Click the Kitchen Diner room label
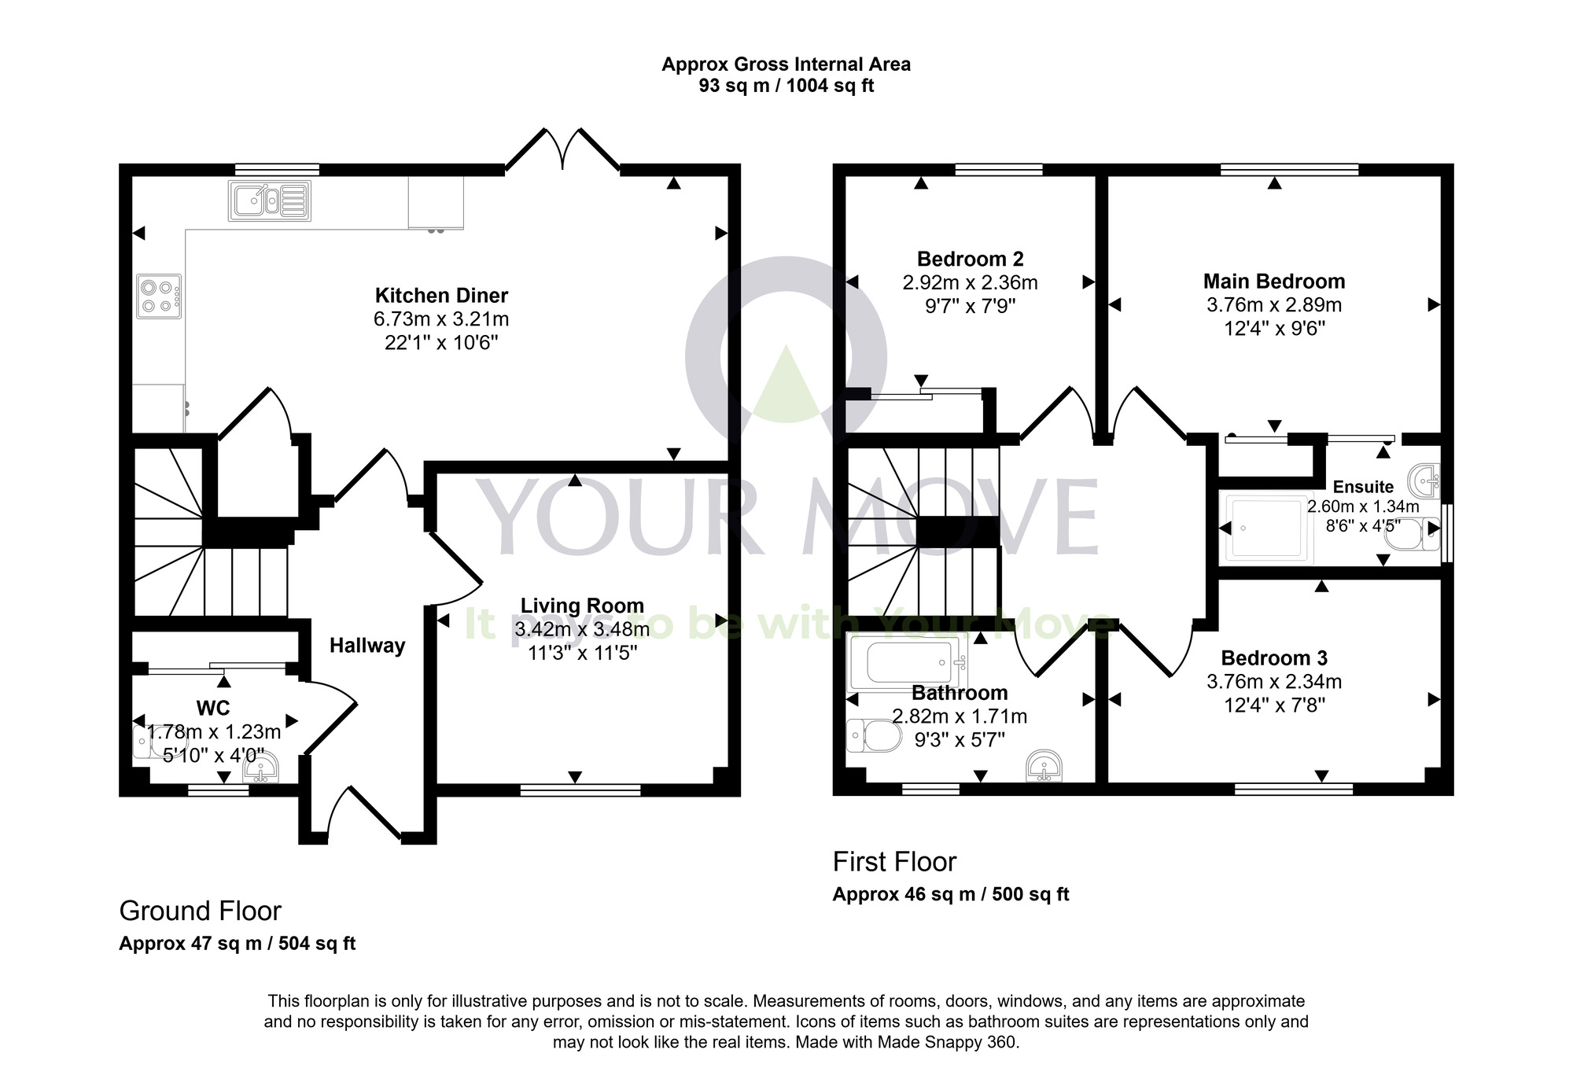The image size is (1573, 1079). tap(441, 296)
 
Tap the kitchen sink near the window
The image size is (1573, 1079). tap(269, 200)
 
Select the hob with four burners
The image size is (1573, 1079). tap(158, 296)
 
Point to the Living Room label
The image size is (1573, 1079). tap(582, 606)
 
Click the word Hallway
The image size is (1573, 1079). tap(367, 646)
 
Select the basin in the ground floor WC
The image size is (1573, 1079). tap(261, 768)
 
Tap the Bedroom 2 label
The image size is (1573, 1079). tap(970, 259)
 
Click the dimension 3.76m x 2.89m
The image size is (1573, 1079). tap(1274, 305)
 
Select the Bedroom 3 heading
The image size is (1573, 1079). tap(1274, 658)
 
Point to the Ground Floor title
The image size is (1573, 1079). tap(200, 911)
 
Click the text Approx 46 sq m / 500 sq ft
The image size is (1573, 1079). tap(951, 894)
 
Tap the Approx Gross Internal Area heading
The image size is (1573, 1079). tap(786, 64)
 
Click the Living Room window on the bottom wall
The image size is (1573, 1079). tap(580, 789)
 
